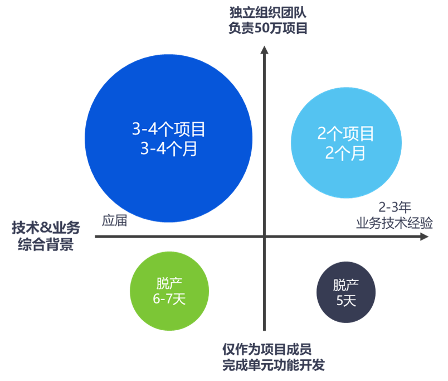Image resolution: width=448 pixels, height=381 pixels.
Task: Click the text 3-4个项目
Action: tap(168, 129)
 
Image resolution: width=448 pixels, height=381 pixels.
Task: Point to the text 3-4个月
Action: tap(168, 149)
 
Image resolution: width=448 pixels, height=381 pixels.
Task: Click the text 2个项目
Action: tap(346, 133)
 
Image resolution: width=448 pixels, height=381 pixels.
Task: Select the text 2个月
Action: tap(346, 152)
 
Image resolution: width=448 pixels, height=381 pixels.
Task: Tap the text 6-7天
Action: tap(169, 299)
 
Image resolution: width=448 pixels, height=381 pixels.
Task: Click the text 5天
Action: tap(346, 300)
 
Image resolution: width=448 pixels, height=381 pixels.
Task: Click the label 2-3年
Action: tap(395, 208)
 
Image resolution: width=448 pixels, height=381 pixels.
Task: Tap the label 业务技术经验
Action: tap(395, 223)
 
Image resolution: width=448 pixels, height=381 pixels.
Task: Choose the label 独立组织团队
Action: tap(267, 12)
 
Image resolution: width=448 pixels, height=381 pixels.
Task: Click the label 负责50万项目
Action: tap(267, 28)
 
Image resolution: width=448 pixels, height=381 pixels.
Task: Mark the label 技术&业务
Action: tap(46, 228)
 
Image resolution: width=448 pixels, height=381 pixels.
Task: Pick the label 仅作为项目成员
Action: tap(267, 349)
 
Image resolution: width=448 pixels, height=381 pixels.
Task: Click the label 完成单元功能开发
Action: tap(273, 366)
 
